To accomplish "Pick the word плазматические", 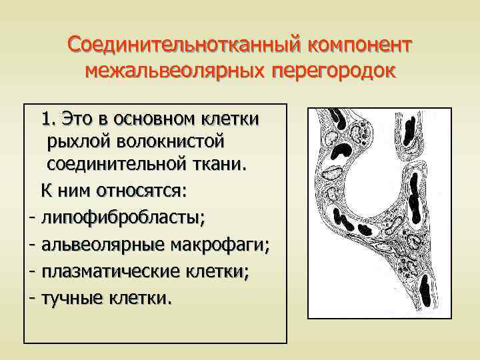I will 115,272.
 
